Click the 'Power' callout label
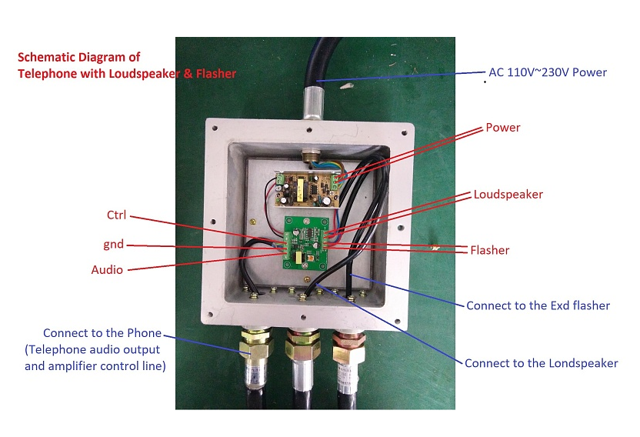[x=503, y=128]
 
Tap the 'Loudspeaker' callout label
[x=508, y=195]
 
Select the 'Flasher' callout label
[x=490, y=250]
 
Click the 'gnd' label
[x=114, y=245]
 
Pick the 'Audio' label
[x=107, y=270]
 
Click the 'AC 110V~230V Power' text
[x=548, y=73]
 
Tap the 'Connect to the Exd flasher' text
[x=538, y=305]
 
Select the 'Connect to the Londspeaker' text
[x=541, y=362]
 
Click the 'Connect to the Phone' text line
[x=102, y=333]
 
